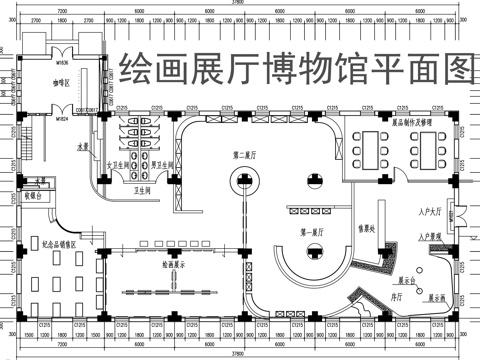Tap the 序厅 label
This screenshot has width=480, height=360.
point(395,295)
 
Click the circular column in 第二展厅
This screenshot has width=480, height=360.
point(244,182)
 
